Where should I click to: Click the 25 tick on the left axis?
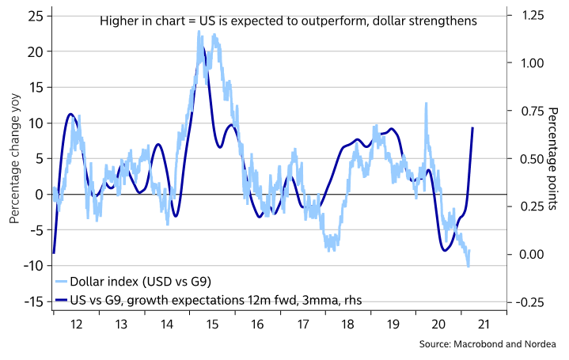36,16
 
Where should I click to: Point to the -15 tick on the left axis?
33,301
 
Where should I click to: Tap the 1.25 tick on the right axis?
528,16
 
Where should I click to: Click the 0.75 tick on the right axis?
528,111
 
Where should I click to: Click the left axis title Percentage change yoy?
13,158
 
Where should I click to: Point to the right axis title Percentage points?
553,158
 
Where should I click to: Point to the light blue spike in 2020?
427,103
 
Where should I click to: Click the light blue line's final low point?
468,267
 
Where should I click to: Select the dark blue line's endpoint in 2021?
473,127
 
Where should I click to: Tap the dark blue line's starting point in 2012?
54,252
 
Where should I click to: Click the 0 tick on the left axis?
40,194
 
